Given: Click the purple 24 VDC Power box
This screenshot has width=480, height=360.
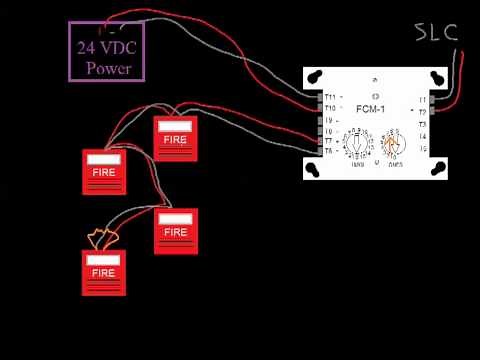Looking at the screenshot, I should pos(108,51).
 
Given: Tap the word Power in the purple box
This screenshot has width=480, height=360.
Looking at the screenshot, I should pos(108,68).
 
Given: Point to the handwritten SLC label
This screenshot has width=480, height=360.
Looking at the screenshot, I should pos(437,32).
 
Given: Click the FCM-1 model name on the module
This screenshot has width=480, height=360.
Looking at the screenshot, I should pos(374,109).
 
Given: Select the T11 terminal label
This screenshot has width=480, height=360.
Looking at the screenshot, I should pos(330,97).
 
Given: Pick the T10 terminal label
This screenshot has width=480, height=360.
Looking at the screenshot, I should pos(330,108).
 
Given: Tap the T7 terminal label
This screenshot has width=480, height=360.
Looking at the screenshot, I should pos(329,141).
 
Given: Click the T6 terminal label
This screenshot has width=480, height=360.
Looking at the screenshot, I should pos(329,151).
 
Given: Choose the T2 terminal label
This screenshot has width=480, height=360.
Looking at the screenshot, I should pos(422,112).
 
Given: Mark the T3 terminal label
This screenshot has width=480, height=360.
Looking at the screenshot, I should pos(422,124).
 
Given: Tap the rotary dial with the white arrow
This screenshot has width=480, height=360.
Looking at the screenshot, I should pos(356,146).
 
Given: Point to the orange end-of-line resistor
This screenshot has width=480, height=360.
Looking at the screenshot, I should pos(102,239).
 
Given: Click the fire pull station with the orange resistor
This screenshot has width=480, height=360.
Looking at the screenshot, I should pos(103,272).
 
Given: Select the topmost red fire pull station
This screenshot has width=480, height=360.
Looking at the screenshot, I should pos(175,139).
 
